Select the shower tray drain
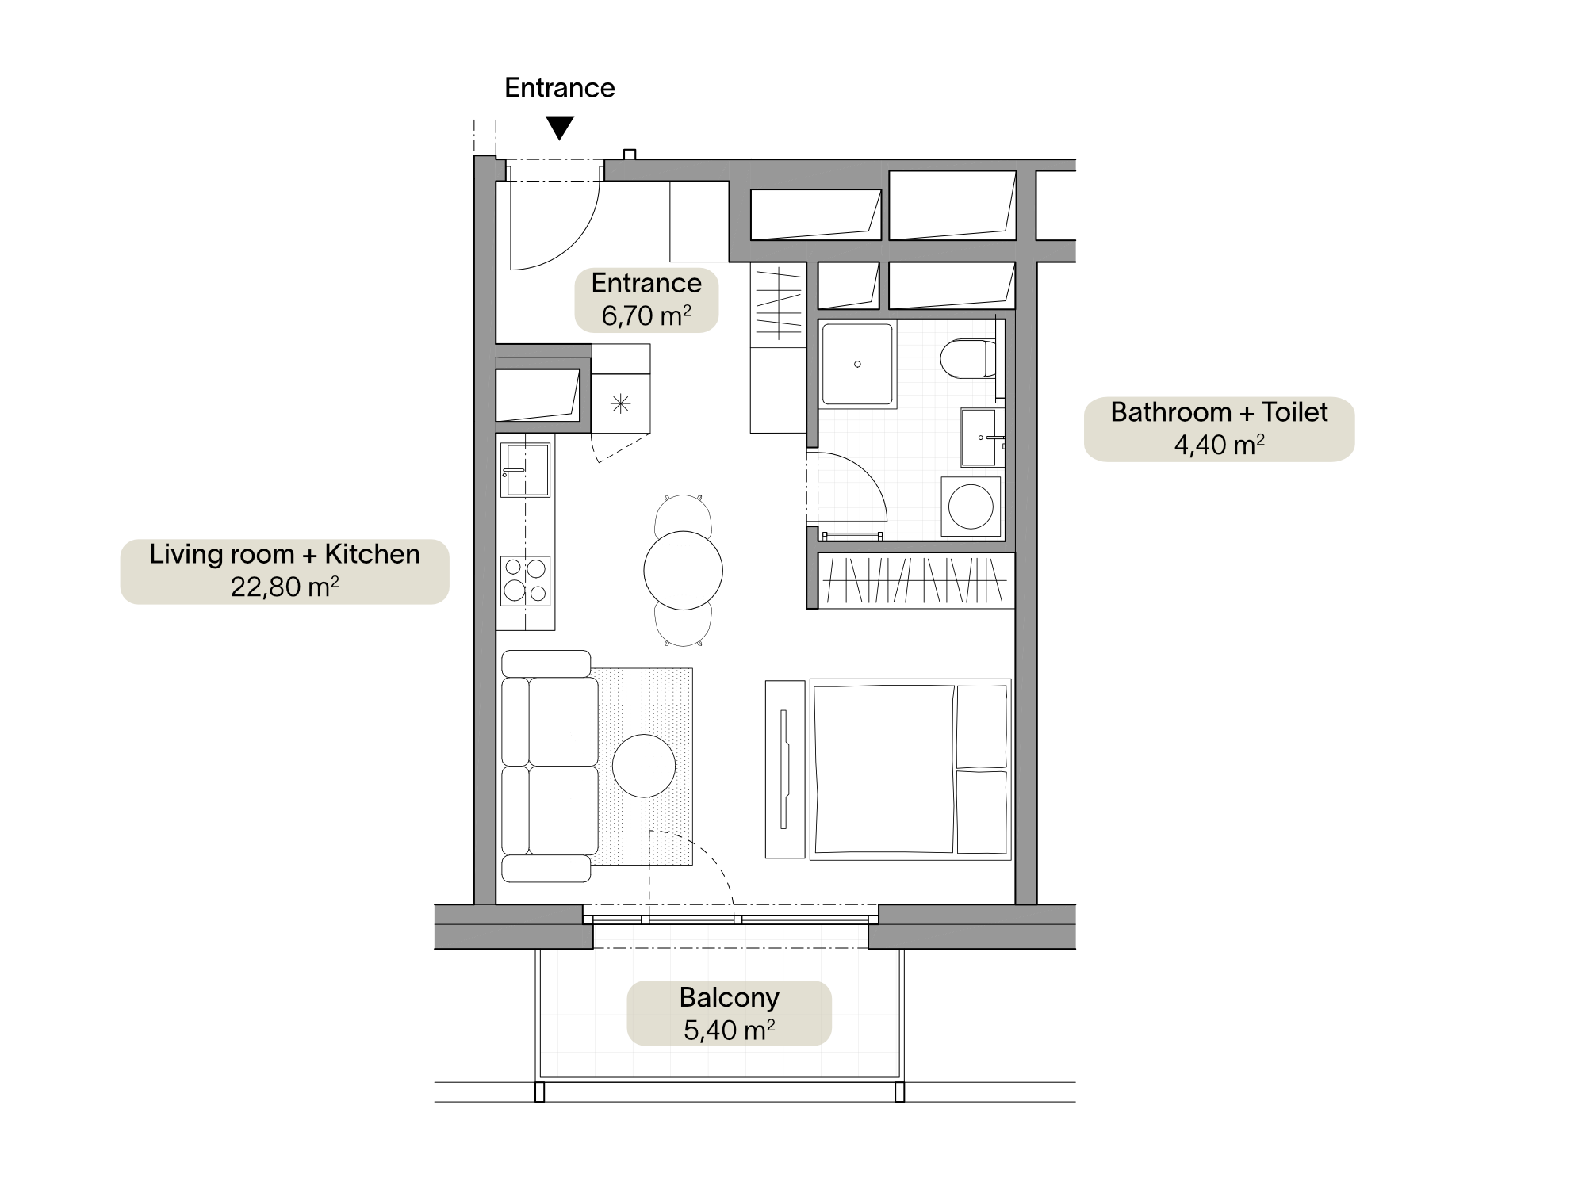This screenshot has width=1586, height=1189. (857, 365)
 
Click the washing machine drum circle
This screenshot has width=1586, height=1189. (971, 506)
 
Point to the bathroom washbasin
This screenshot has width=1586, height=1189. (982, 437)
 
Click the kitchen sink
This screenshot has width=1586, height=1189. (525, 469)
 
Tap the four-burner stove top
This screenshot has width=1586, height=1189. (525, 580)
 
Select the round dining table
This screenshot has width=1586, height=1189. (683, 570)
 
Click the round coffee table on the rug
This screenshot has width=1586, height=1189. (644, 766)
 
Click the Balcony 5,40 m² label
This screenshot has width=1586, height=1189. (730, 1014)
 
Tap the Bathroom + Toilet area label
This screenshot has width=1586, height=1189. (1219, 429)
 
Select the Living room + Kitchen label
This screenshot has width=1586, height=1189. (285, 571)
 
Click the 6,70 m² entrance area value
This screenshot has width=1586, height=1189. (646, 316)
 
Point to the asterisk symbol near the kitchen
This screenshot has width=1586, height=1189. (620, 404)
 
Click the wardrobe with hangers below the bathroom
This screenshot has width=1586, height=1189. (916, 580)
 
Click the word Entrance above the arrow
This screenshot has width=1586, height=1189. (560, 88)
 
